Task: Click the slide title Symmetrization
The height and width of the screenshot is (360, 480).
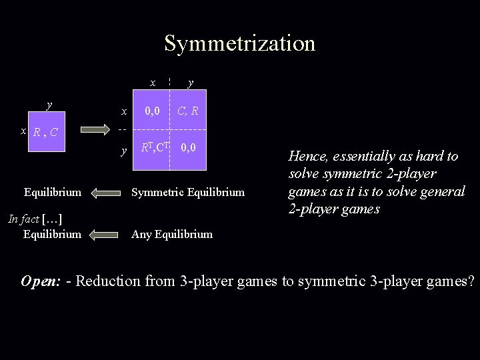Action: coord(239,43)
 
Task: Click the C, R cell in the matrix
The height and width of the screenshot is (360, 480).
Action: coord(189,111)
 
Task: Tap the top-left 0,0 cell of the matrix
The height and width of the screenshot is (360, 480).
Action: coord(153,111)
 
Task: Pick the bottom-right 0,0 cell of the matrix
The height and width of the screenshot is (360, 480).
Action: coord(189,148)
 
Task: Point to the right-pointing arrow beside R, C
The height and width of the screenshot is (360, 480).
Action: coord(95,128)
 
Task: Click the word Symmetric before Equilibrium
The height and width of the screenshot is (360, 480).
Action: coord(155,193)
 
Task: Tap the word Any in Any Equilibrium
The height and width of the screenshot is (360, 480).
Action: coord(141,234)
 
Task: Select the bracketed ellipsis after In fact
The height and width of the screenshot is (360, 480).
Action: coord(52,220)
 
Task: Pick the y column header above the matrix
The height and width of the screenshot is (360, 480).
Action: coord(191,83)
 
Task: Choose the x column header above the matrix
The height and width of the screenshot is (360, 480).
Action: coord(153,83)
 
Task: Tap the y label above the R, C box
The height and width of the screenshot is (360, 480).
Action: coord(48,105)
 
